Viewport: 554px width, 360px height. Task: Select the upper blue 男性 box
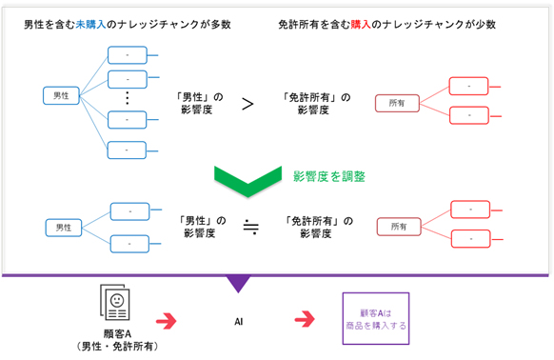pyautogui.click(x=61, y=96)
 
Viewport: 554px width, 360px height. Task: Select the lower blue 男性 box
pyautogui.click(x=64, y=228)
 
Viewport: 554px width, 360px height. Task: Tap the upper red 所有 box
pyautogui.click(x=397, y=102)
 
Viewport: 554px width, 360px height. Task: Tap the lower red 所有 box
pyautogui.click(x=397, y=226)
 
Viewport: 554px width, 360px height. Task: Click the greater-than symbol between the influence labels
pyautogui.click(x=247, y=103)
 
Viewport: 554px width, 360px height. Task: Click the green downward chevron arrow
pyautogui.click(x=245, y=177)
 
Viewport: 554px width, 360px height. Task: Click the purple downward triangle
pyautogui.click(x=238, y=283)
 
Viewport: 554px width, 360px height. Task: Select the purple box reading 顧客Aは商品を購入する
pyautogui.click(x=374, y=317)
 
